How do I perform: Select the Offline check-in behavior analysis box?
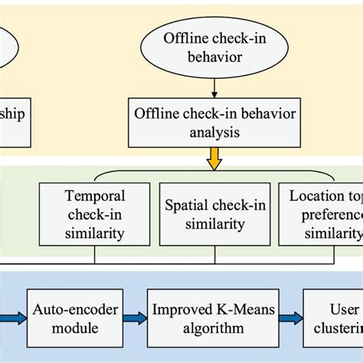click(209, 122)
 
